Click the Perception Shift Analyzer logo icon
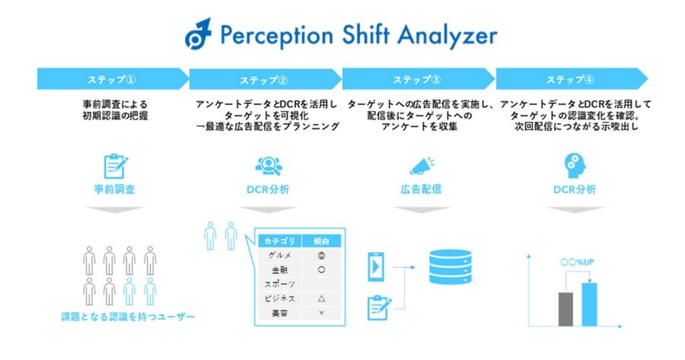pos(198,33)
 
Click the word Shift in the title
pos(365,34)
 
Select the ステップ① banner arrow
pos(113,79)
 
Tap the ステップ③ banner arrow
pos(419,79)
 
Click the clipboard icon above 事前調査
pos(116,166)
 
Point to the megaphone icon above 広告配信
pos(422,167)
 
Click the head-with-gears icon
pos(575,166)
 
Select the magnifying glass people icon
pos(268,166)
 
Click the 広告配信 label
pos(421,190)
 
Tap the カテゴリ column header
pos(279,241)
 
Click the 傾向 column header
pos(321,241)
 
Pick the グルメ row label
pos(279,256)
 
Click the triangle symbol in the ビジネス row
pos(321,298)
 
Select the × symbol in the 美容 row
pos(321,313)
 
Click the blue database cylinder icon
pos(451,266)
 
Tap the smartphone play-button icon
pos(376,266)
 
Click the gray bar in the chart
pos(566,309)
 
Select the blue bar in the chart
pos(589,304)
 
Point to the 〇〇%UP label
pos(577,262)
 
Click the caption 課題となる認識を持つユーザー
pos(128,317)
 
